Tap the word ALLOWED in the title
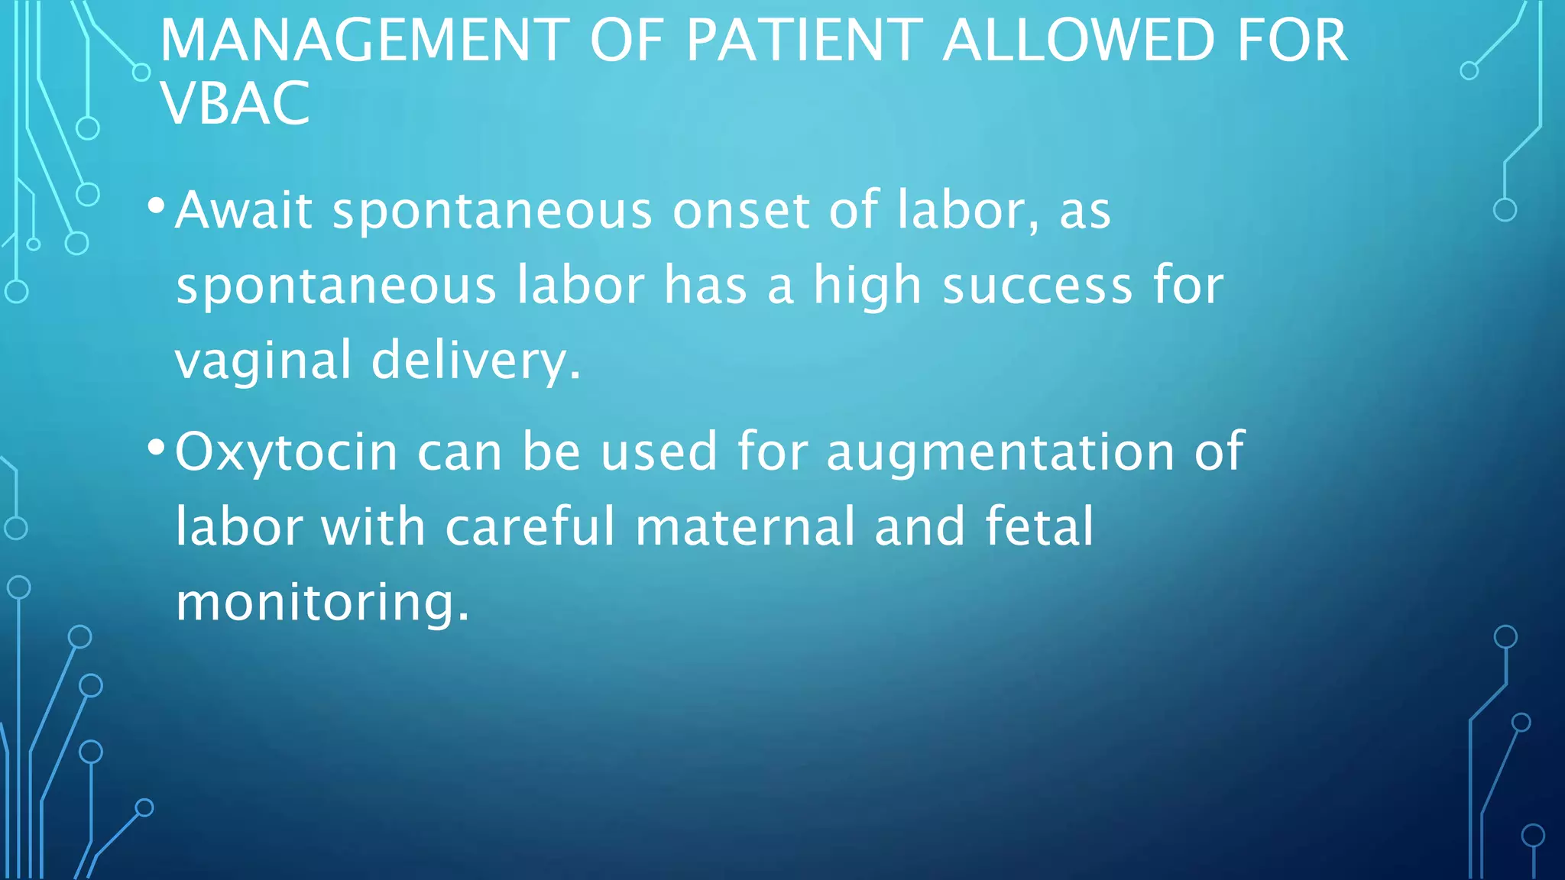click(x=1078, y=40)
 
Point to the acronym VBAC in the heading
click(x=235, y=103)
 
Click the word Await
click(x=244, y=210)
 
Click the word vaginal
click(x=262, y=361)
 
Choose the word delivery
click(x=475, y=361)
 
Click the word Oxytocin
click(x=287, y=451)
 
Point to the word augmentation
click(x=1000, y=451)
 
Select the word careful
click(x=530, y=527)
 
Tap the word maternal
click(x=745, y=527)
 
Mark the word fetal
click(x=1039, y=527)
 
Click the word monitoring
click(x=322, y=603)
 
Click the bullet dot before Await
click(x=156, y=205)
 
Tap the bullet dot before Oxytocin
click(x=156, y=447)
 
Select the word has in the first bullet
click(x=705, y=286)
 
